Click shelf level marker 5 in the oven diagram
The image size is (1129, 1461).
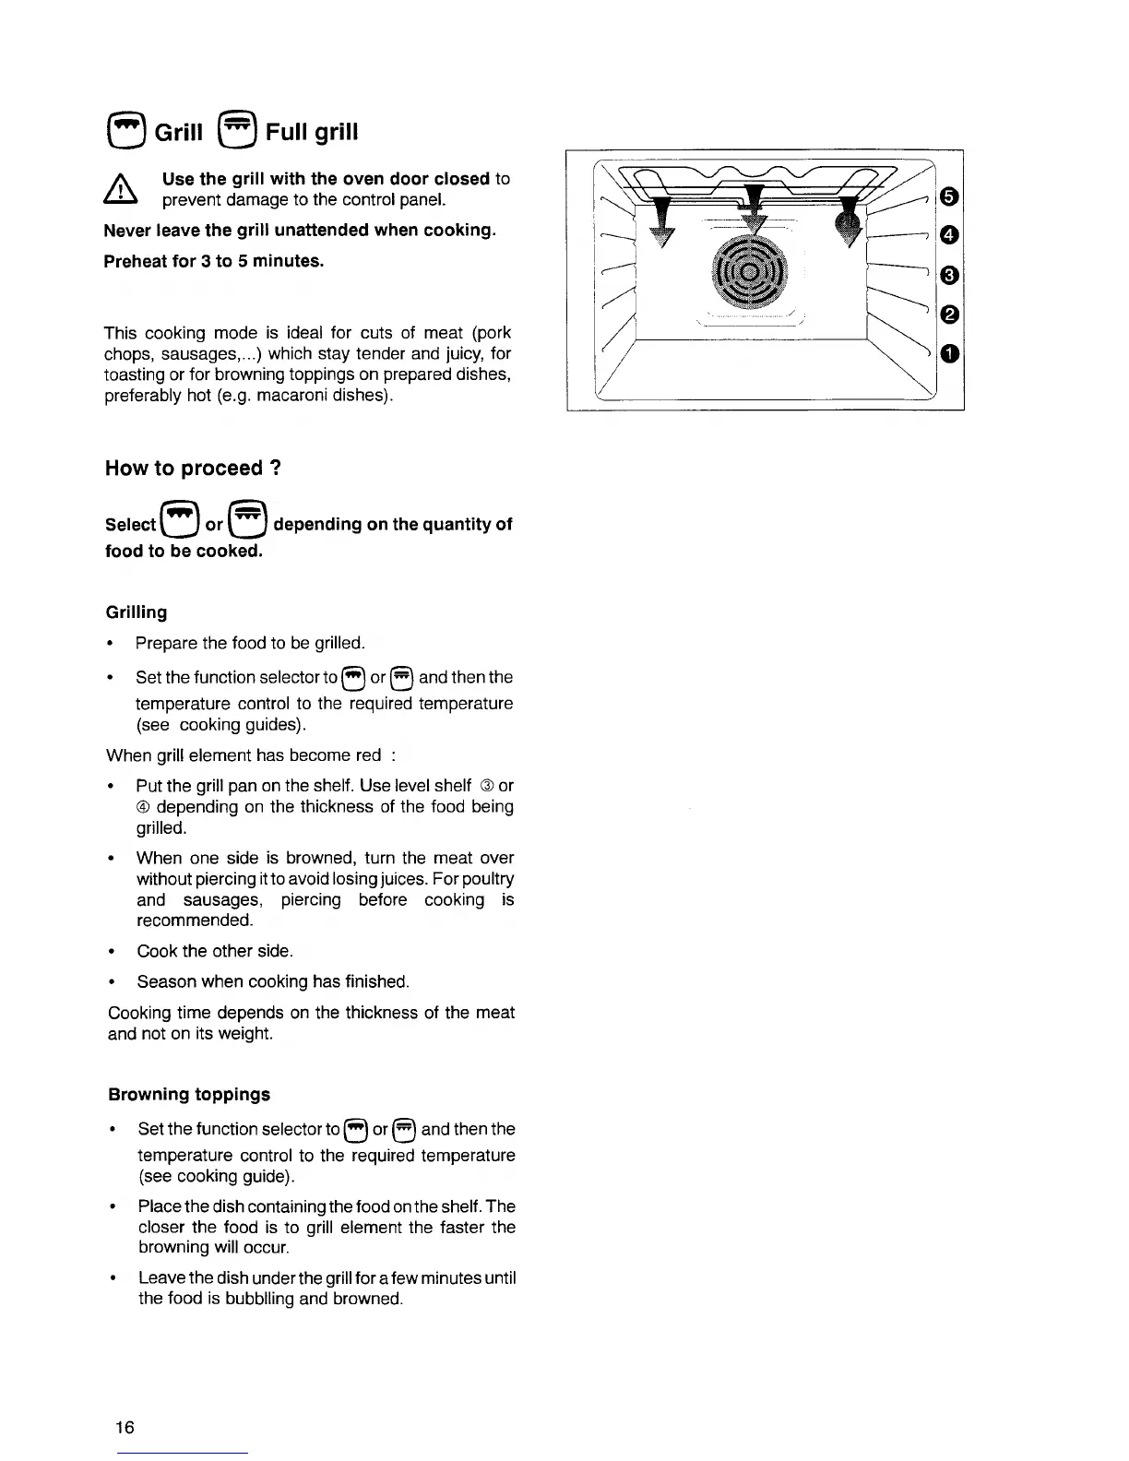[x=948, y=196]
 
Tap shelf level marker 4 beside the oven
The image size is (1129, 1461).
[x=948, y=236]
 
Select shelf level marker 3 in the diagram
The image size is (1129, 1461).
[x=948, y=276]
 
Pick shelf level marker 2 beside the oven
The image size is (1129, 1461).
[x=948, y=315]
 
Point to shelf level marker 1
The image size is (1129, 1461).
[x=948, y=354]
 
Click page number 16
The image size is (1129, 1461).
[x=125, y=1428]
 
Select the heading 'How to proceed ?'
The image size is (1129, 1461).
[x=193, y=469]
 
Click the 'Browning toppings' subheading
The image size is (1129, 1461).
[x=189, y=1095]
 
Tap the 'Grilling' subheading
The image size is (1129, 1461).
[x=137, y=612]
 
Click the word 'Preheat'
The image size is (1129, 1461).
[x=137, y=261]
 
